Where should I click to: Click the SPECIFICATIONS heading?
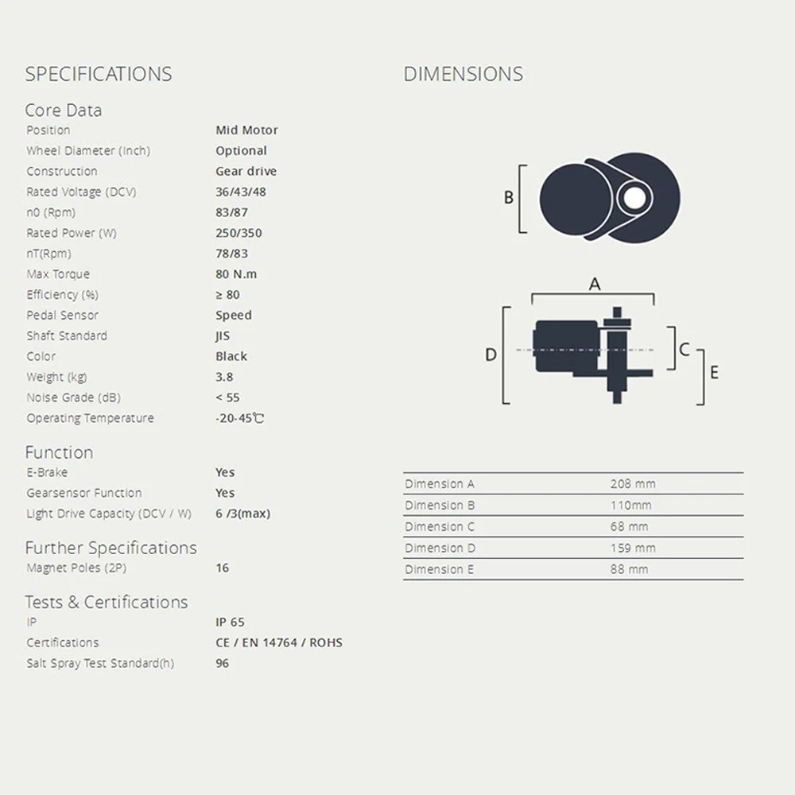click(99, 74)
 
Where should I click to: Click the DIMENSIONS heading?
click(463, 74)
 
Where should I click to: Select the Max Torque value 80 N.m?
click(236, 274)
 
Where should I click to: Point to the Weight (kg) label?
click(56, 377)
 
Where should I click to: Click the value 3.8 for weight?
click(224, 377)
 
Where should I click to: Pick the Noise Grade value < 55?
click(227, 397)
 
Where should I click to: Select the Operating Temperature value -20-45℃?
click(239, 418)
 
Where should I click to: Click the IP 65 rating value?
click(230, 622)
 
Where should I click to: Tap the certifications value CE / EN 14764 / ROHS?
click(278, 642)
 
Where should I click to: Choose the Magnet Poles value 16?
click(222, 568)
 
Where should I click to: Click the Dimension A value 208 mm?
click(633, 483)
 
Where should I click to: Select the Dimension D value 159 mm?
click(633, 548)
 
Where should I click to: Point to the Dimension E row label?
click(439, 569)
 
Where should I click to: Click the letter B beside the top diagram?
click(509, 198)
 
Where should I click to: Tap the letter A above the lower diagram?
click(594, 285)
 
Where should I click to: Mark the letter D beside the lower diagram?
click(491, 355)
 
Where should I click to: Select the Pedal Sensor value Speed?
click(233, 316)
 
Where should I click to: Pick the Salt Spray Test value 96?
click(222, 663)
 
